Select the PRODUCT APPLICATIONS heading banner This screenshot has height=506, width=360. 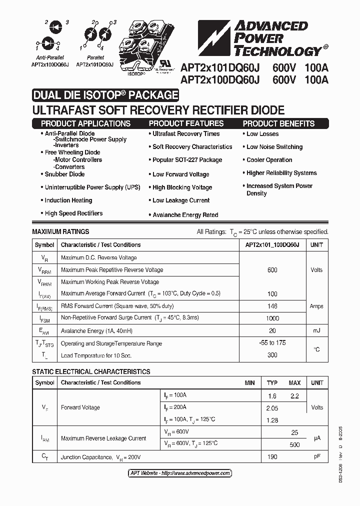point(85,123)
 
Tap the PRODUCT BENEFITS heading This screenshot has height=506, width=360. point(278,123)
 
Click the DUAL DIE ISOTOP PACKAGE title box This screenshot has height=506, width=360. point(105,95)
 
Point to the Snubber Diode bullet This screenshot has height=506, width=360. point(64,174)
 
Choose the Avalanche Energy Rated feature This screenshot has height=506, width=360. point(185,215)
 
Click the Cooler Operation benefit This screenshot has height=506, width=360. point(269,160)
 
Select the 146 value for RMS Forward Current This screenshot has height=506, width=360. point(272,306)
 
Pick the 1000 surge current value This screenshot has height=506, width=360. point(272,318)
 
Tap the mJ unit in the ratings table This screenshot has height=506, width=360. point(316,330)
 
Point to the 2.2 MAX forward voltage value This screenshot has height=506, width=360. point(294,396)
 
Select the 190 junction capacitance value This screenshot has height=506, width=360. point(272,457)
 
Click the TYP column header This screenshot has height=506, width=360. point(272,383)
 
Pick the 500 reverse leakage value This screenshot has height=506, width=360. point(294,444)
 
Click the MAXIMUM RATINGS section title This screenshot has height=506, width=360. point(60,232)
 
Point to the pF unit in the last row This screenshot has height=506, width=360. point(316,457)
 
